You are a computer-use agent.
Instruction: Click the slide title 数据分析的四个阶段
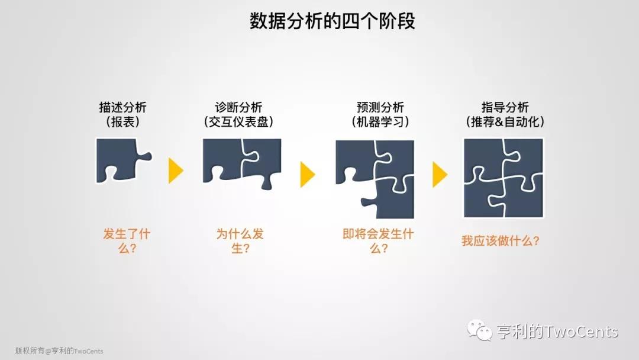[x=332, y=21]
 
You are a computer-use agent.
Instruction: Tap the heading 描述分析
[x=122, y=107]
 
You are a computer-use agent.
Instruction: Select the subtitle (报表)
[x=122, y=121]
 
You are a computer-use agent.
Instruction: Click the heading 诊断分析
[x=238, y=107]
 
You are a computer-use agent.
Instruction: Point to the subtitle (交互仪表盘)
[x=238, y=121]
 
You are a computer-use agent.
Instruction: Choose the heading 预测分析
[x=380, y=107]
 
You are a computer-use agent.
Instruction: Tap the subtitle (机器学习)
[x=380, y=121]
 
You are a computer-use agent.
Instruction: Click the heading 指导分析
[x=505, y=107]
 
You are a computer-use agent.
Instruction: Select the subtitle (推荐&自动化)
[x=505, y=121]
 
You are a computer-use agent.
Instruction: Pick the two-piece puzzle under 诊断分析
[x=241, y=163]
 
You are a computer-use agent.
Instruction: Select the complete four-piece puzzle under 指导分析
[x=504, y=178]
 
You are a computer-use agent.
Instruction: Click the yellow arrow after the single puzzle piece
[x=176, y=171]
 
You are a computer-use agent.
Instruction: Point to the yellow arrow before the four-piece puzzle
[x=440, y=175]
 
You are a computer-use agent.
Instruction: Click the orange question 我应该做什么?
[x=501, y=241]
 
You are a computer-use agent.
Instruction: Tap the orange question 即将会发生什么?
[x=378, y=241]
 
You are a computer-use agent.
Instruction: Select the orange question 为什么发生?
[x=240, y=241]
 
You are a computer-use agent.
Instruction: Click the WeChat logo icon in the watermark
[x=480, y=330]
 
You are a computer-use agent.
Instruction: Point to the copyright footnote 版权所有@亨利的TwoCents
[x=59, y=351]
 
